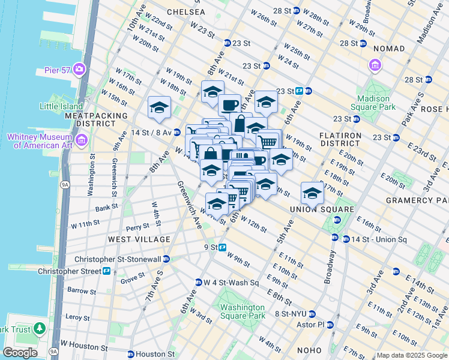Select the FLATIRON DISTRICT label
tap(340, 139)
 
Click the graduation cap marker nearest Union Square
tap(312, 193)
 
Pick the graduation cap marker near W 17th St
tap(159, 107)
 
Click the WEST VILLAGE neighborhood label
tap(139, 239)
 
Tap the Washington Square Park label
tap(242, 311)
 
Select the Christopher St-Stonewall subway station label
tap(121, 259)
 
